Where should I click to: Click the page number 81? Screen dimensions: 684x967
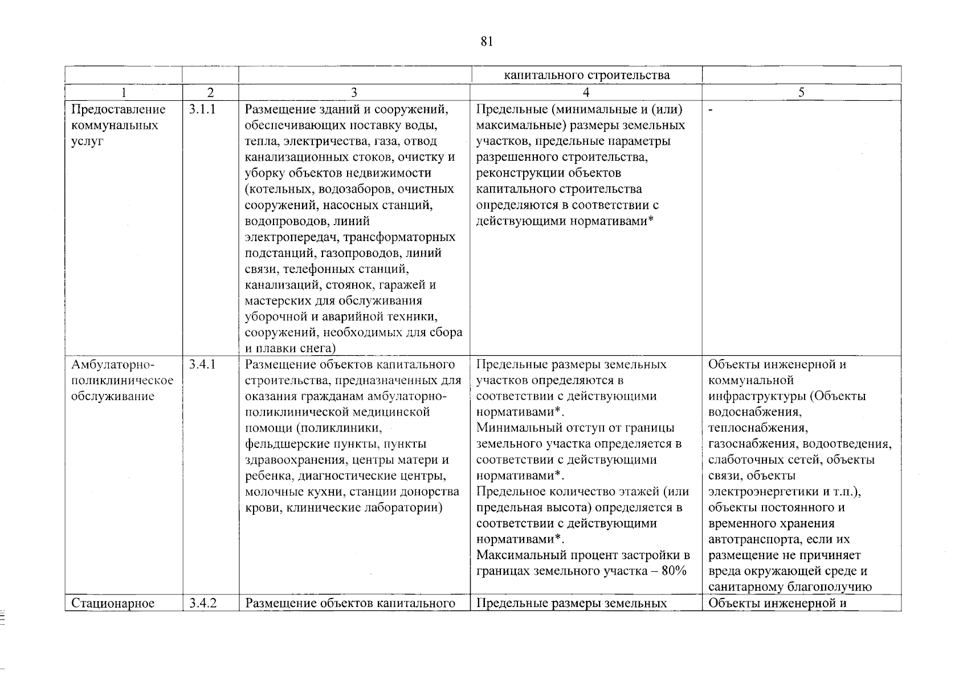pos(486,41)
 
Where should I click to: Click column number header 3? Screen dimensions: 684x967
pos(354,92)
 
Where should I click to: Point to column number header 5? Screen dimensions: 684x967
pos(801,92)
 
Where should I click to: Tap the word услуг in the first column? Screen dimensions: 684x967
pos(87,141)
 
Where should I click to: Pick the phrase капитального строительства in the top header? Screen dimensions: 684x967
pos(586,75)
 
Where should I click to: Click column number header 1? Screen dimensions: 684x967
pos(124,92)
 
